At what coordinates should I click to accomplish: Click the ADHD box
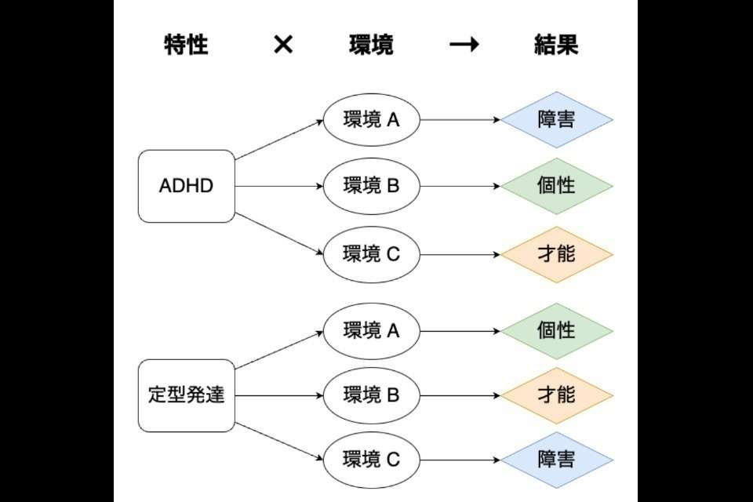(x=187, y=186)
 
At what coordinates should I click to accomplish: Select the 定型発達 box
(x=187, y=395)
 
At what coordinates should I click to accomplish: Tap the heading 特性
(x=186, y=45)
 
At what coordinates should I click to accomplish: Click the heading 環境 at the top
(x=371, y=45)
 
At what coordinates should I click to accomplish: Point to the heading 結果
(x=556, y=45)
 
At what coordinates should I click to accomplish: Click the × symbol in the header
(x=283, y=45)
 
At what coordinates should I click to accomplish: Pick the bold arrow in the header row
(x=464, y=45)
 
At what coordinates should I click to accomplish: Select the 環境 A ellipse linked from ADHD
(x=372, y=120)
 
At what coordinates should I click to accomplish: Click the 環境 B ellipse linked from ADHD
(x=372, y=187)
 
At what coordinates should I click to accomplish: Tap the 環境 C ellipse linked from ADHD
(x=372, y=254)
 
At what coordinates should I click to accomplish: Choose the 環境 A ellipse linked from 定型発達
(x=372, y=331)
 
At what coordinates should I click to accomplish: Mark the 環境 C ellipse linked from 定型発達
(x=372, y=460)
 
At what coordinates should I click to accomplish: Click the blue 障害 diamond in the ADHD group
(x=557, y=120)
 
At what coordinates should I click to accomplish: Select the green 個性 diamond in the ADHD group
(x=557, y=187)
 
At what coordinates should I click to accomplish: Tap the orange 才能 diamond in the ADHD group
(x=557, y=254)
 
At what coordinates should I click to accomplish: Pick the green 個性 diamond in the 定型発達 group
(x=557, y=331)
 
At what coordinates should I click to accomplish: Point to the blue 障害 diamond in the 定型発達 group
(x=557, y=460)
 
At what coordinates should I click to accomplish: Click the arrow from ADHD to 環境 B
(x=278, y=187)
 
